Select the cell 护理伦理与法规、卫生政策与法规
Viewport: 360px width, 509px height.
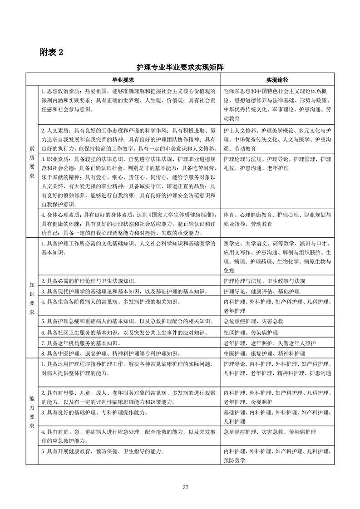265,281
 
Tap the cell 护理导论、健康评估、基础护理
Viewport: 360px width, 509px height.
261,291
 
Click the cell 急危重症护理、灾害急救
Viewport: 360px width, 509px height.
253,322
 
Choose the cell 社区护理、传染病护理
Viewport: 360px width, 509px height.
250,333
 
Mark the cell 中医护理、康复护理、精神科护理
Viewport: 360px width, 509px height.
264,353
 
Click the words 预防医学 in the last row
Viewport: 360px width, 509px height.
234,460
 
